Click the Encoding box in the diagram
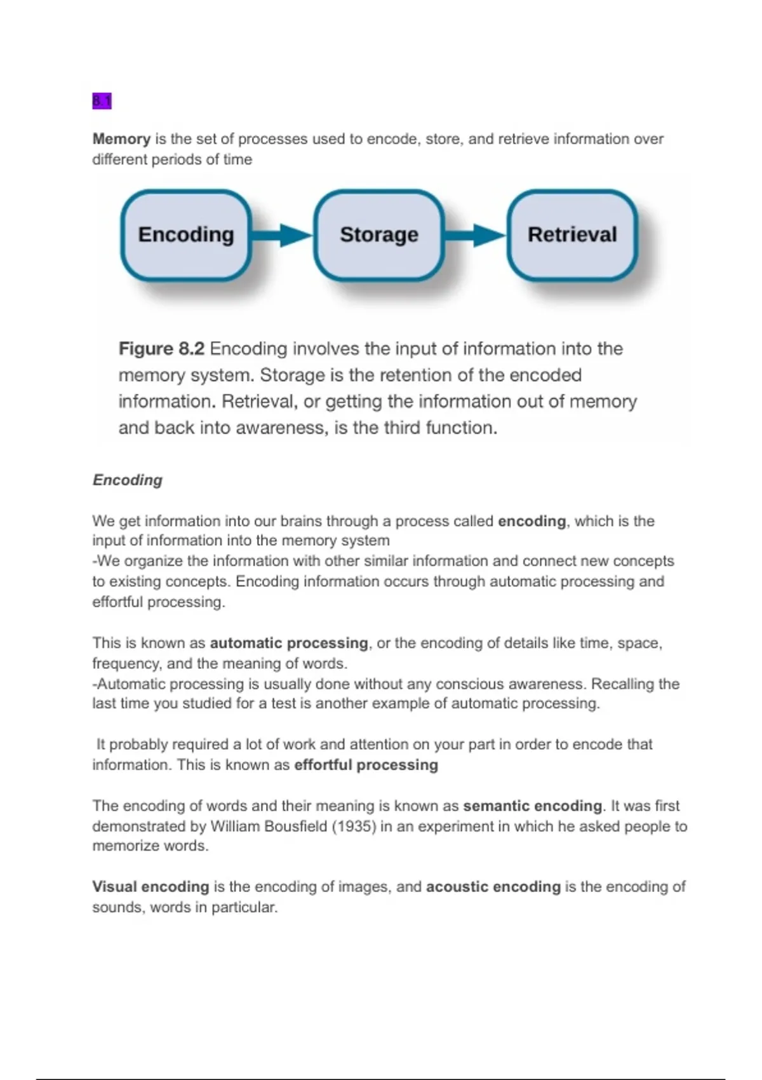tap(186, 235)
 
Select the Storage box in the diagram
tap(379, 235)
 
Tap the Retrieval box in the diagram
tap(572, 235)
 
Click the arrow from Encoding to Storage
tap(282, 235)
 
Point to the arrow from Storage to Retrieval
tap(475, 235)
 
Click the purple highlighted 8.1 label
tap(102, 101)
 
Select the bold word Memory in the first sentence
tap(121, 139)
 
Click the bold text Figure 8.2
tap(161, 349)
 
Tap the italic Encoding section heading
tap(128, 480)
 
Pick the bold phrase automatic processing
tap(289, 643)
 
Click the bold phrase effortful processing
tap(366, 765)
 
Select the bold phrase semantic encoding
tap(532, 806)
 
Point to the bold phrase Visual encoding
tap(150, 887)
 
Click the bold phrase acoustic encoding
tap(493, 887)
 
